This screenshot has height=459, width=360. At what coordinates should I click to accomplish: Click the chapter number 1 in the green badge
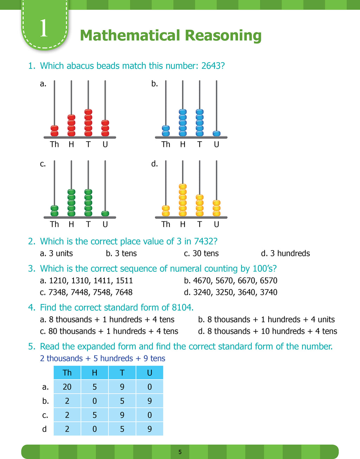tap(44, 28)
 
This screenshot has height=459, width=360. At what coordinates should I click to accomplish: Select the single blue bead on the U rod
tap(217, 134)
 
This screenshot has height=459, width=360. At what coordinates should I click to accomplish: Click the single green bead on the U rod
tap(105, 213)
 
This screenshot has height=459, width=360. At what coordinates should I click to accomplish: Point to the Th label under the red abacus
tap(54, 144)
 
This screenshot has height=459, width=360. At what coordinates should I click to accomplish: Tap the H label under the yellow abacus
tap(182, 224)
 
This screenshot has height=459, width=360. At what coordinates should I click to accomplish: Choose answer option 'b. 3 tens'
tap(121, 253)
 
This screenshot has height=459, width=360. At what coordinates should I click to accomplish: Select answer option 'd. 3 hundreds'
tap(285, 253)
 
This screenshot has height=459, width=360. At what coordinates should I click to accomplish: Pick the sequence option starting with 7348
tap(86, 292)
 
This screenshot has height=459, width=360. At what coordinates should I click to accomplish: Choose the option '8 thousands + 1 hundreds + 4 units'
tap(266, 319)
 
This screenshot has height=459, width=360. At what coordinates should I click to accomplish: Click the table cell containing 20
tap(67, 387)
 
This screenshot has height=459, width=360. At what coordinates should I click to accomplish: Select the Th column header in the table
tap(67, 373)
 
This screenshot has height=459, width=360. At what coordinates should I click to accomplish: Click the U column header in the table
tap(150, 373)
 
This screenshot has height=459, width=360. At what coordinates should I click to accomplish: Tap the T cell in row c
tap(122, 415)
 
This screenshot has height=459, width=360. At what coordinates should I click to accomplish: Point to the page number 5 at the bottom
tap(180, 452)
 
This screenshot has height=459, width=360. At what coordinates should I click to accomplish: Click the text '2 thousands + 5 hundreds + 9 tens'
tap(102, 358)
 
